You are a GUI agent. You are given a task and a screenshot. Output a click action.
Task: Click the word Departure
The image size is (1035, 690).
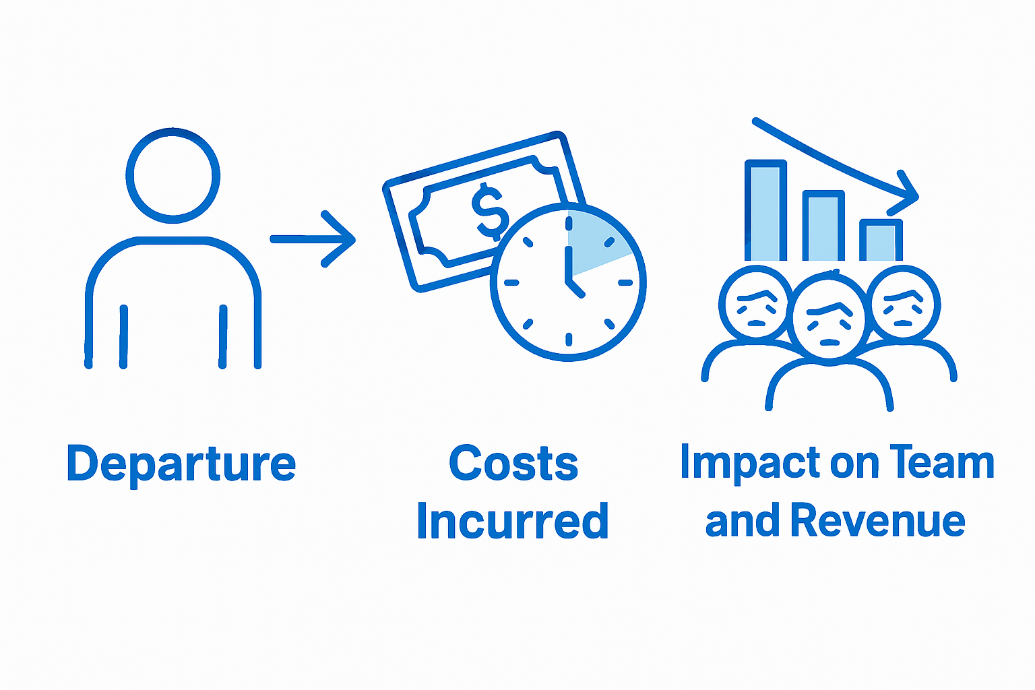point(181,464)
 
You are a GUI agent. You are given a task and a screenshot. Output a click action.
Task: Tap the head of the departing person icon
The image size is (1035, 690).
point(173,175)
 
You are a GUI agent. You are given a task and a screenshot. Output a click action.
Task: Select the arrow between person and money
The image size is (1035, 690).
point(313,239)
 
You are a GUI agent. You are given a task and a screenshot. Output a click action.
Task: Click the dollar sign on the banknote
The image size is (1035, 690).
point(490,210)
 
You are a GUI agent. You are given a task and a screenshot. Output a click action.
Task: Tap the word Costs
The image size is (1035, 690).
point(513,464)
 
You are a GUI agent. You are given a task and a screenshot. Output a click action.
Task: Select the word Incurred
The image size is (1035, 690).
point(513,522)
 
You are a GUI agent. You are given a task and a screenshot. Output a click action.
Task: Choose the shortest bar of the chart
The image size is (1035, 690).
point(881,240)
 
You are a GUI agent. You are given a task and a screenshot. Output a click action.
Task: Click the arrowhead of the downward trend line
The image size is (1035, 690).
point(907,192)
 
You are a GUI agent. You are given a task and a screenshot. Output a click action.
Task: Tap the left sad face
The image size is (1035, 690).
point(755,303)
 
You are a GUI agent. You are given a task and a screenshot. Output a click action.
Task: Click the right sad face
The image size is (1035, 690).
point(903,303)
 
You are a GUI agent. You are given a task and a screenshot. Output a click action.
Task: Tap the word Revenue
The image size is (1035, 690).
point(877,522)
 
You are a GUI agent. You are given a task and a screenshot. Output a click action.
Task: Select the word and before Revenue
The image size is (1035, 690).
point(744,522)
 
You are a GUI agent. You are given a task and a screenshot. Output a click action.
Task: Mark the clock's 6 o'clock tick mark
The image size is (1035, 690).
point(569,339)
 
